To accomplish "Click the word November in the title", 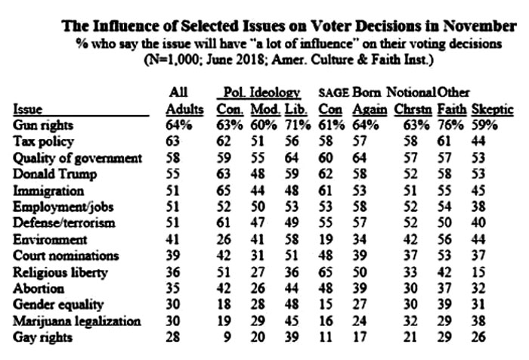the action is click(x=479, y=26).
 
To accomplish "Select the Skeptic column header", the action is click(x=492, y=110).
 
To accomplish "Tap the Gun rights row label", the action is click(x=43, y=126).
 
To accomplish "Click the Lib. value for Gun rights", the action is click(x=297, y=126).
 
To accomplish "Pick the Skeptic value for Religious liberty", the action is click(x=478, y=272).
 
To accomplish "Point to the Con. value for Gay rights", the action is click(x=227, y=337).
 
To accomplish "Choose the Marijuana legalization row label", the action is click(x=76, y=321).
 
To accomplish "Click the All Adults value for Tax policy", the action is click(x=172, y=141).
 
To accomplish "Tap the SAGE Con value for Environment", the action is click(x=325, y=240).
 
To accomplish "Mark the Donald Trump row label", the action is click(x=54, y=174).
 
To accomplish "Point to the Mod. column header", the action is click(x=265, y=110).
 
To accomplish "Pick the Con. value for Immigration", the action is click(x=224, y=191).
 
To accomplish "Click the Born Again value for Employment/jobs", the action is click(x=359, y=206).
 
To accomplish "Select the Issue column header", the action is click(x=28, y=110).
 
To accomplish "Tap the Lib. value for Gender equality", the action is click(x=292, y=305).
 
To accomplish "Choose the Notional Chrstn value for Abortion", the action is click(x=410, y=288).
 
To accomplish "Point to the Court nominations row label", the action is click(x=66, y=256).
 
